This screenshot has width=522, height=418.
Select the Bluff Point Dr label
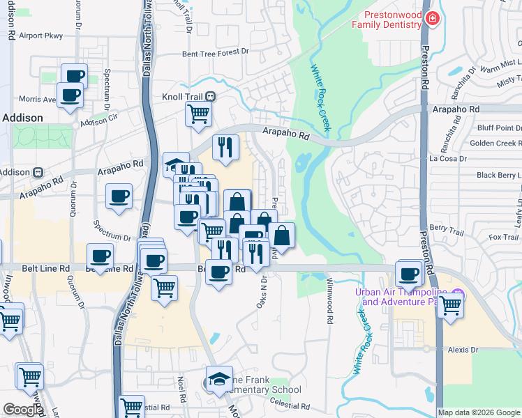click(x=498, y=128)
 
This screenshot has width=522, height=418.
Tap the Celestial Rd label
click(x=291, y=405)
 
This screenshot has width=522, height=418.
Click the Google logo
click(x=22, y=409)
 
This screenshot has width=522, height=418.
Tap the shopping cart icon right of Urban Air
click(x=450, y=304)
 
